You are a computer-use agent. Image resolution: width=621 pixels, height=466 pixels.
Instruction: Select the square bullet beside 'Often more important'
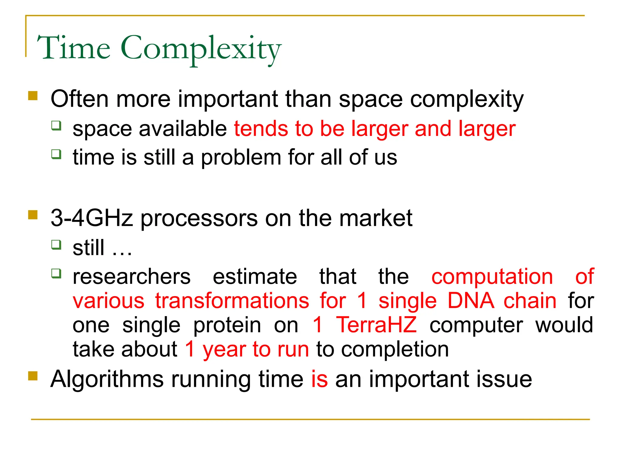[x=33, y=96]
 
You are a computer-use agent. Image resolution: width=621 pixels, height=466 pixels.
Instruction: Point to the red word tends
[x=261, y=129]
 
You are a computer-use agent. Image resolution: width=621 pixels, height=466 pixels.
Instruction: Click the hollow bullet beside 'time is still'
[x=56, y=154]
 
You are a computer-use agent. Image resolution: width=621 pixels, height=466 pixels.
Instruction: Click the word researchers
[x=132, y=277]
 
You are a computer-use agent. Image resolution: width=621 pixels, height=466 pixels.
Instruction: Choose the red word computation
[x=492, y=277]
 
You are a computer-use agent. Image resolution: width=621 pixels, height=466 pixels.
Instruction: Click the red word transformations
[x=232, y=301]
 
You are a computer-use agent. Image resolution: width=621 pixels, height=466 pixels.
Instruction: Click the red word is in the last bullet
[x=320, y=379]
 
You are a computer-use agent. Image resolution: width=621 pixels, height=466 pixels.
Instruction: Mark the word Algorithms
[x=107, y=379]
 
